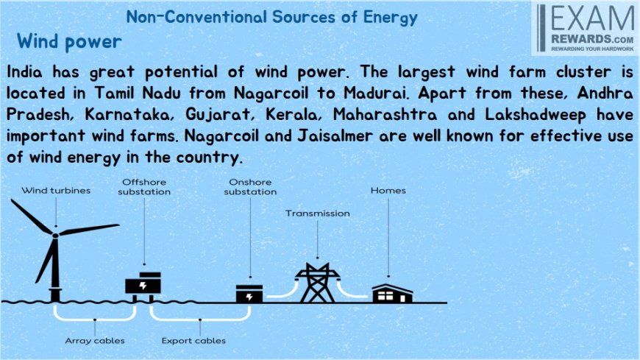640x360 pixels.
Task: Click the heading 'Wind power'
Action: click(x=69, y=42)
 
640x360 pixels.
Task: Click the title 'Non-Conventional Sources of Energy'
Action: click(x=272, y=18)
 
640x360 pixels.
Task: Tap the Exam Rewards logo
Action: click(x=586, y=28)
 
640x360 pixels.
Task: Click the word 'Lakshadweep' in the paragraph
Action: click(x=536, y=115)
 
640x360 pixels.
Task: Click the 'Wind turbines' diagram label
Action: click(x=56, y=191)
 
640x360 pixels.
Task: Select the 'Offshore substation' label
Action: click(x=144, y=187)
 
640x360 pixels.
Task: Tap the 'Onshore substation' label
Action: click(x=250, y=187)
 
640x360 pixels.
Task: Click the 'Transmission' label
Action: click(x=318, y=213)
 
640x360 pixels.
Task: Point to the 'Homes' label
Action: click(x=388, y=191)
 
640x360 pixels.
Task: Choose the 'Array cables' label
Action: click(x=95, y=340)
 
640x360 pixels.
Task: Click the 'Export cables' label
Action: click(x=193, y=340)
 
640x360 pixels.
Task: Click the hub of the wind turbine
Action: click(x=55, y=235)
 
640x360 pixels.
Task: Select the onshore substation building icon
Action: click(x=249, y=294)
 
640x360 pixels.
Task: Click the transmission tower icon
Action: click(x=317, y=283)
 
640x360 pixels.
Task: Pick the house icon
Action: click(x=392, y=293)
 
